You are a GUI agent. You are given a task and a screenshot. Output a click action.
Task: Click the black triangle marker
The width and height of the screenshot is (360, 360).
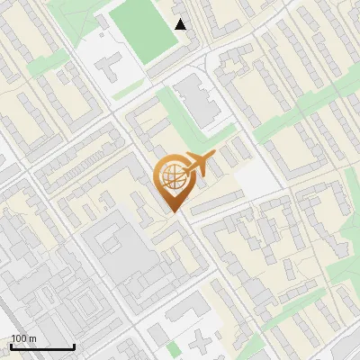(x=181, y=24)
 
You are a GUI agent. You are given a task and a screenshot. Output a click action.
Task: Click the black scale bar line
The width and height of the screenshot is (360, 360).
(x=42, y=347)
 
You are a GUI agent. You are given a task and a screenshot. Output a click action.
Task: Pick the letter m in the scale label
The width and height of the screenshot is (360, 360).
(x=31, y=338)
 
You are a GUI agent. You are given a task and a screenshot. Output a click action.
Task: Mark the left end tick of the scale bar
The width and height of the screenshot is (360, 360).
(x=12, y=346)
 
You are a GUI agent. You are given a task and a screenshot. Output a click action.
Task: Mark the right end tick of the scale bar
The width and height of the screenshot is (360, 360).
(x=74, y=346)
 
